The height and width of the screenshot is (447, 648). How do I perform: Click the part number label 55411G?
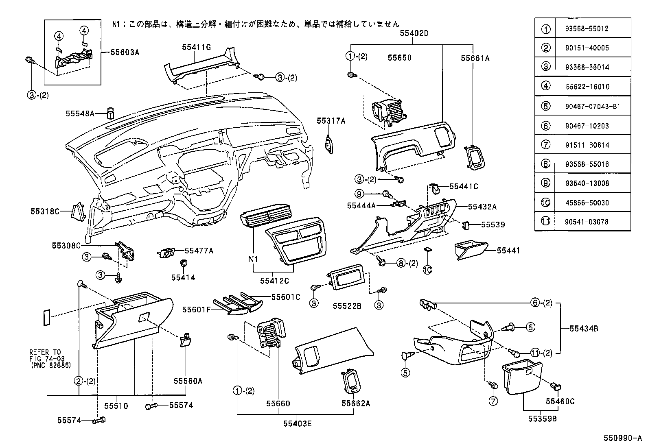click(x=196, y=47)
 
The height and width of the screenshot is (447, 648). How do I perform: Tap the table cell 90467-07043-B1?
click(x=592, y=106)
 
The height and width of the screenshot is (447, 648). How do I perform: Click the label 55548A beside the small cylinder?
click(x=80, y=114)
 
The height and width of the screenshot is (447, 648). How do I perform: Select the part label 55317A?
click(x=331, y=120)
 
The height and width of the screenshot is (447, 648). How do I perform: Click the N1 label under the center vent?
click(x=254, y=259)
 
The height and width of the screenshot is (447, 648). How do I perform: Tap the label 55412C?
click(x=274, y=281)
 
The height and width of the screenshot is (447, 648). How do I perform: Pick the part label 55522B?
click(x=347, y=306)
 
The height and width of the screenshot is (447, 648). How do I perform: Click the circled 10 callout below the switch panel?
click(x=427, y=270)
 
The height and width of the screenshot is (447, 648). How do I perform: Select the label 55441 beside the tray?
click(x=508, y=251)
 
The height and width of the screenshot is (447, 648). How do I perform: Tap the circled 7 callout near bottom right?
click(x=493, y=401)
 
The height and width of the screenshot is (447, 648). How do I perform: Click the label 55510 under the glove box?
click(x=116, y=406)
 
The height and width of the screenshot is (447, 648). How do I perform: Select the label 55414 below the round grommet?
click(x=183, y=277)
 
